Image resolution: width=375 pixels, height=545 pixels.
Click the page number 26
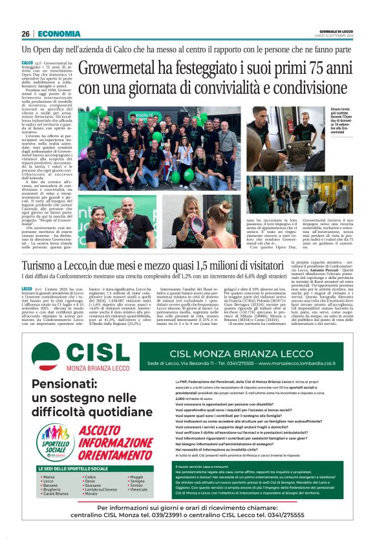[x=26, y=34]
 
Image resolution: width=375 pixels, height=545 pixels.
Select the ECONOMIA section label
[x=59, y=34]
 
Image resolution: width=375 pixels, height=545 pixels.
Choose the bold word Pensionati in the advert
[x=69, y=384]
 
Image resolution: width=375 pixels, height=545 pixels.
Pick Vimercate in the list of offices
[x=139, y=507]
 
